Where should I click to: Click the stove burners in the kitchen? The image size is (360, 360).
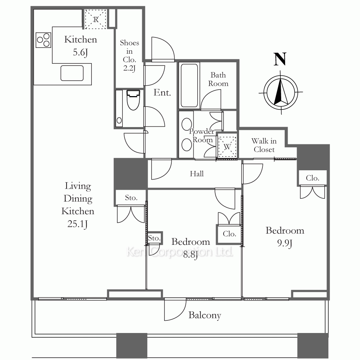coord(44,40)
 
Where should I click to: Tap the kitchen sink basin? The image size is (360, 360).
coord(72,73)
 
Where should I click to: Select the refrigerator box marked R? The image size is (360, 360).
coord(95,19)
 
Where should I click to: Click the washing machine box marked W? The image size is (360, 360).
coord(227,147)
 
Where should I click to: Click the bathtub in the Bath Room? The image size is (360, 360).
coord(189,86)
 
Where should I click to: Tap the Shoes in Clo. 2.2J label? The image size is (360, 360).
coord(130,55)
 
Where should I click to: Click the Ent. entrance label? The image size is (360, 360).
coord(162,93)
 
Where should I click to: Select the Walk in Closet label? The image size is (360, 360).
coord(264,145)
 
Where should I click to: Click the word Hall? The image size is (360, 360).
coord(197,174)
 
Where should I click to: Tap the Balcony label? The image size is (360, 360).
coord(205,315)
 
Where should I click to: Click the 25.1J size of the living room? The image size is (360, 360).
coord(78,224)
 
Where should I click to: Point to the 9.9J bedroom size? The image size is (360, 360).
coord(285,243)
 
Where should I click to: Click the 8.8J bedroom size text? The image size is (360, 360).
coord(190,255)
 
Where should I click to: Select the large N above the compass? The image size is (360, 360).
coord(280,59)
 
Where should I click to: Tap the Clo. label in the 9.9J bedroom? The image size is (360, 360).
coord(312,178)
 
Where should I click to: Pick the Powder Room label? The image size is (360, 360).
coord(202,135)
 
